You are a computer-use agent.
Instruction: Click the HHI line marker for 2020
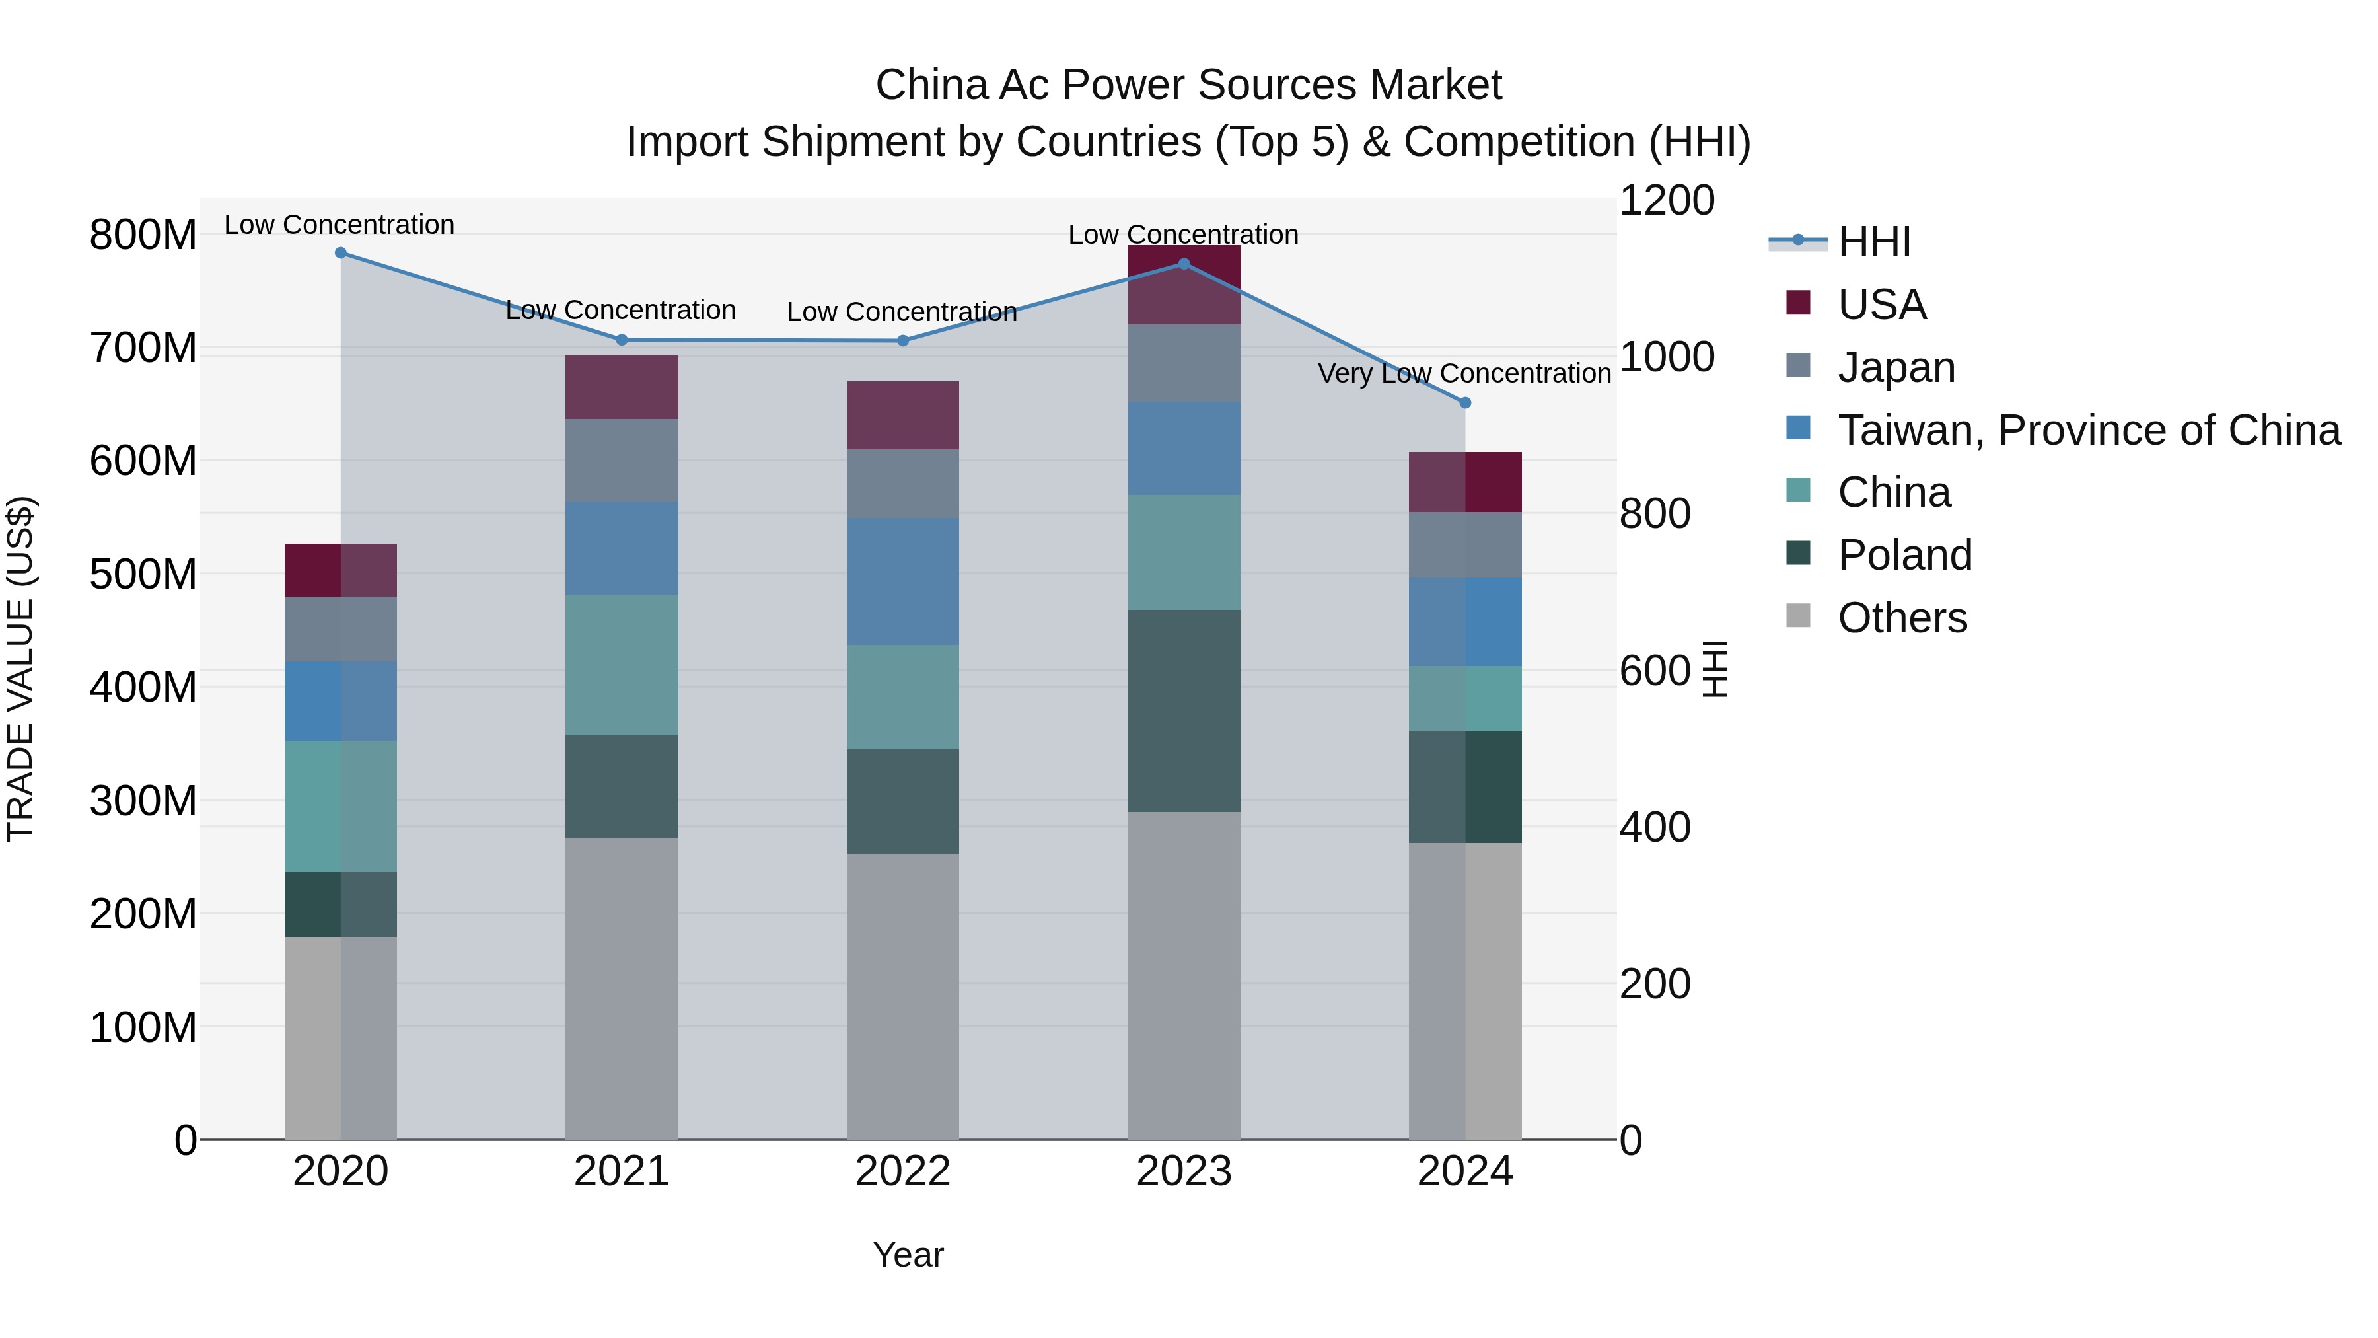pos(341,252)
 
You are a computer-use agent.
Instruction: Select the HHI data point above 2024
pos(1465,402)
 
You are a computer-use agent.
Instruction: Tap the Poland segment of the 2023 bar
pos(1184,710)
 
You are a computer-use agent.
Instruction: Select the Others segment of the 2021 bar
pos(622,988)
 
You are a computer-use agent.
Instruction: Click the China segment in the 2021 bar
pos(622,664)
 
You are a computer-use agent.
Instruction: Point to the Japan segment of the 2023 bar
pos(1184,362)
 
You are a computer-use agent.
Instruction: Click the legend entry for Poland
pos(1904,555)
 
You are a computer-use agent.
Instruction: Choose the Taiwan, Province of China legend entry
pos(2088,430)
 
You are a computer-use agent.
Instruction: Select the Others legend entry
pos(1902,618)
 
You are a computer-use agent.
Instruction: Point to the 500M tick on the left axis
pos(143,574)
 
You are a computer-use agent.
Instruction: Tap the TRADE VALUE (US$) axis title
pos(20,669)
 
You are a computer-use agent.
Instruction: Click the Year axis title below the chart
pos(908,1255)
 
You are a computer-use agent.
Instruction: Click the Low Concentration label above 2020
pos(339,225)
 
